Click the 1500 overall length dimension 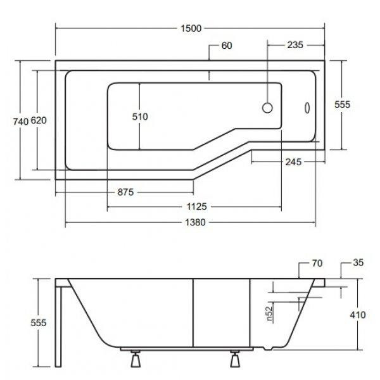[x=191, y=28]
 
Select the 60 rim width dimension [x=227, y=46]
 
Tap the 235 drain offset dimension [x=295, y=45]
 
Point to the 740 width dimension [x=21, y=122]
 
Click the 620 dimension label [x=39, y=120]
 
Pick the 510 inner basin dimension [x=140, y=117]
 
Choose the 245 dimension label [x=293, y=162]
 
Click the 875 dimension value [x=125, y=192]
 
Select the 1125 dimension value [x=197, y=206]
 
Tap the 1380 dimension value [x=195, y=222]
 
